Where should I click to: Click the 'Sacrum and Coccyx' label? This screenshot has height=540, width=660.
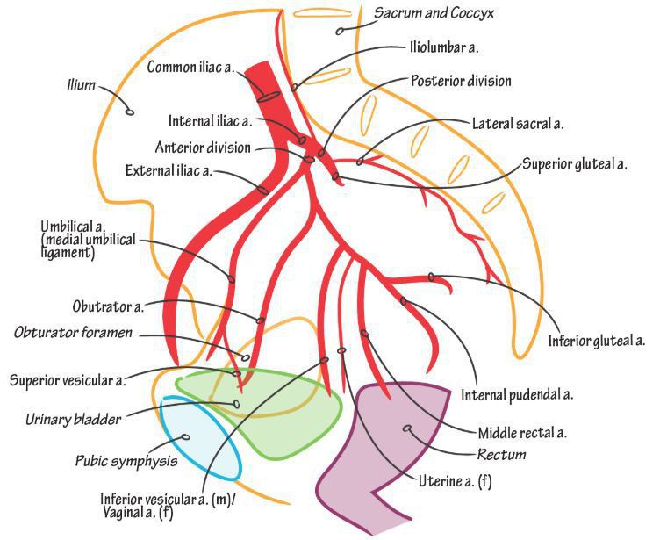[434, 13]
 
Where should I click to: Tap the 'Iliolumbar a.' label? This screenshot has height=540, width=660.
[444, 47]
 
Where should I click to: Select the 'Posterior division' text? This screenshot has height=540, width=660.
[461, 81]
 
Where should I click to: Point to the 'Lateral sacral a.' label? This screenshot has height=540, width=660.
[518, 124]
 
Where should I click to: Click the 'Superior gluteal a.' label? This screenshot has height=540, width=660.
[575, 164]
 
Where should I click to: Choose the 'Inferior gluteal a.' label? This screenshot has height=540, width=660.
[597, 342]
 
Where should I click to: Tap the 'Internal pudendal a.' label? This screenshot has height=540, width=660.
[517, 395]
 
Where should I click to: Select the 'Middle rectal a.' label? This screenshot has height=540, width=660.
[522, 433]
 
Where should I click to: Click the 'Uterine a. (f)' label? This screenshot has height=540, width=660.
[455, 481]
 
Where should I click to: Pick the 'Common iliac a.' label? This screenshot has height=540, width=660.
[190, 68]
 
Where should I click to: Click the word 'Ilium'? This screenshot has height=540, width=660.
[82, 85]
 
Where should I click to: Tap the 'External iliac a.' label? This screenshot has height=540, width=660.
[169, 171]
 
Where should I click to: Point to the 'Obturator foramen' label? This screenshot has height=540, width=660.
[73, 333]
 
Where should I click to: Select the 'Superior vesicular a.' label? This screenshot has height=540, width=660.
[68, 381]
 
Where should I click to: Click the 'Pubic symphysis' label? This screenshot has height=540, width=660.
[126, 461]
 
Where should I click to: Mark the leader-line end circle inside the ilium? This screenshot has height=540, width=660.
[130, 112]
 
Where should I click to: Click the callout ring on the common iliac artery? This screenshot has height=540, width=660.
[269, 97]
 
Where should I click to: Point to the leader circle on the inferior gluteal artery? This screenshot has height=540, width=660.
[431, 277]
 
